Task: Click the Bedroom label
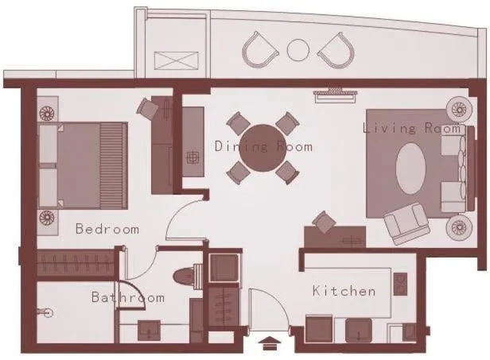point(107,229)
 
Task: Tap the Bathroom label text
point(127,298)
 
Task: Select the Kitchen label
point(344,291)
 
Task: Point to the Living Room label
point(411,128)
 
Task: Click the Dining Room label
point(263,146)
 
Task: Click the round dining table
point(262,148)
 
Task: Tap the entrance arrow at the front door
point(270,343)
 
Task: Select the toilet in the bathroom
point(187,276)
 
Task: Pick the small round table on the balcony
point(297,50)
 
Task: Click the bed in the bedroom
point(82,165)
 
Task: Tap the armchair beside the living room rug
point(406,223)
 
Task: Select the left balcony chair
point(259,49)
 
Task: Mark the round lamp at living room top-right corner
point(459,108)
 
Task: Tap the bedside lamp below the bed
point(46,218)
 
